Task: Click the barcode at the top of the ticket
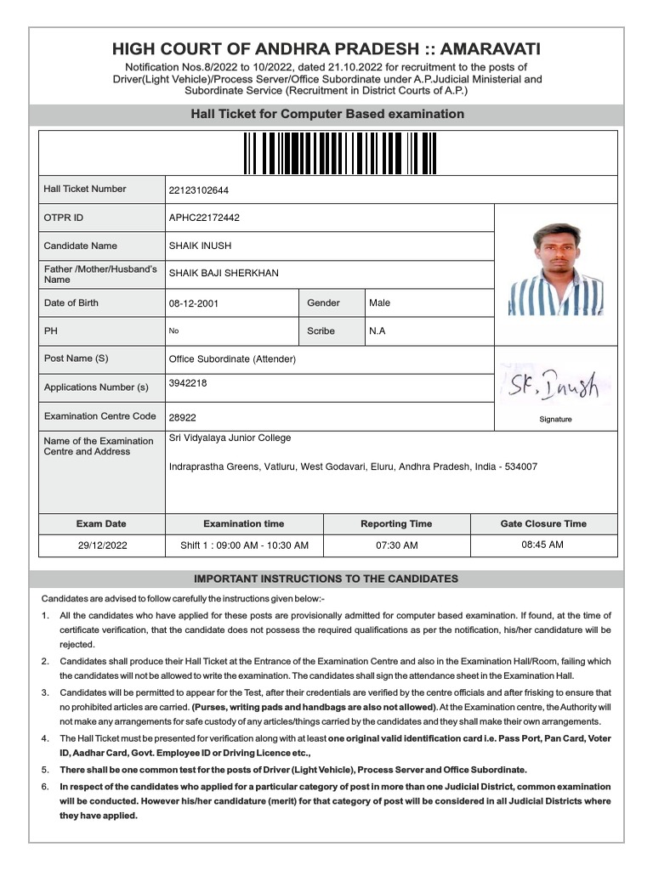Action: click(x=326, y=153)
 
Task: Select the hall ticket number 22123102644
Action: click(x=199, y=190)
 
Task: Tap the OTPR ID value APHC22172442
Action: click(x=204, y=217)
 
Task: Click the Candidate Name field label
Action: click(x=81, y=246)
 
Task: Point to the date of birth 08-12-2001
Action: click(x=194, y=303)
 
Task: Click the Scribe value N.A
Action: click(x=377, y=331)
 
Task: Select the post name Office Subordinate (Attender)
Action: click(x=232, y=359)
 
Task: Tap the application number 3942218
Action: click(x=188, y=383)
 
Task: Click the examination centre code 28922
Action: click(x=183, y=418)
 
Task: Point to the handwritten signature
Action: click(x=554, y=387)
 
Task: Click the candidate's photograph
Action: click(x=556, y=269)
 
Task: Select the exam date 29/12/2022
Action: click(x=102, y=545)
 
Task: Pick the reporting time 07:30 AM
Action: click(x=396, y=545)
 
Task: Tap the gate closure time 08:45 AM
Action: click(x=542, y=545)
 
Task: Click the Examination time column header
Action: click(x=244, y=523)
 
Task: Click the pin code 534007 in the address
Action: click(x=520, y=467)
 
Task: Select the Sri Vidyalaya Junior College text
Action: click(x=230, y=438)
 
